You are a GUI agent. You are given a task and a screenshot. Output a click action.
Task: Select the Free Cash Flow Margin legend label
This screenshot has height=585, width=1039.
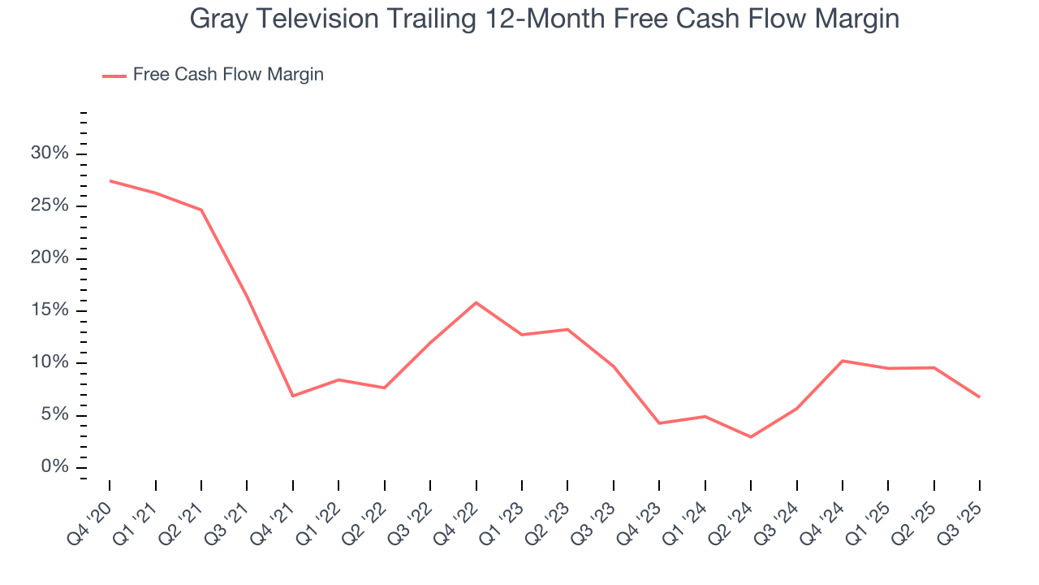pyautogui.click(x=228, y=75)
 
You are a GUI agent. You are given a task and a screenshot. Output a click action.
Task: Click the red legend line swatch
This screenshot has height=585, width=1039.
pyautogui.click(x=114, y=76)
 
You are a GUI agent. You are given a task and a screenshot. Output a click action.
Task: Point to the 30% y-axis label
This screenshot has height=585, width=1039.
pyautogui.click(x=50, y=154)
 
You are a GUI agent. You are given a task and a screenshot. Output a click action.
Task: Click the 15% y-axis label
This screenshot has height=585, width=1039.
pyautogui.click(x=50, y=310)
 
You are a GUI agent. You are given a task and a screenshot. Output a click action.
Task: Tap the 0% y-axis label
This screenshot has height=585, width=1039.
pyautogui.click(x=54, y=467)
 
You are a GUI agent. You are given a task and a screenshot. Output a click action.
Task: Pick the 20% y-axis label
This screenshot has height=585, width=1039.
pyautogui.click(x=50, y=258)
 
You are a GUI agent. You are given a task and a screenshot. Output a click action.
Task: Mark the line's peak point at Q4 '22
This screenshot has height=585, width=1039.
pyautogui.click(x=476, y=302)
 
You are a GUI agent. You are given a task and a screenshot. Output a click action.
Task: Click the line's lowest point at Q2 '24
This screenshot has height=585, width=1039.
pyautogui.click(x=751, y=437)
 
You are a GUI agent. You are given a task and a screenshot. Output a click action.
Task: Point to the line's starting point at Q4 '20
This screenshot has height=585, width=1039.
pyautogui.click(x=110, y=180)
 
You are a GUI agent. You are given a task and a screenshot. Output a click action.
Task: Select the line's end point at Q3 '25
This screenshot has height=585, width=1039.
pyautogui.click(x=980, y=396)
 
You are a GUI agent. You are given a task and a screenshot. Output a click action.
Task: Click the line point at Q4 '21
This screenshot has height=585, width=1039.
pyautogui.click(x=292, y=396)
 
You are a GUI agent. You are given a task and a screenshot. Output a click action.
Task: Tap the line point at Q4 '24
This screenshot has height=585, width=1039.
pyautogui.click(x=843, y=361)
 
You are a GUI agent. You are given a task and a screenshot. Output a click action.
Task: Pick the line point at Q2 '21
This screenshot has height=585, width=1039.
pyautogui.click(x=201, y=210)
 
